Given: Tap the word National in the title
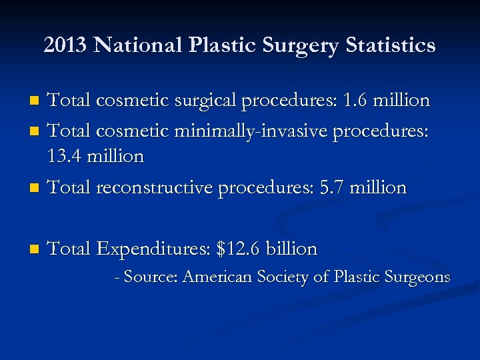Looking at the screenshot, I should tap(139, 45).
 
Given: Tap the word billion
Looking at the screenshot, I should tap(291, 249).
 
